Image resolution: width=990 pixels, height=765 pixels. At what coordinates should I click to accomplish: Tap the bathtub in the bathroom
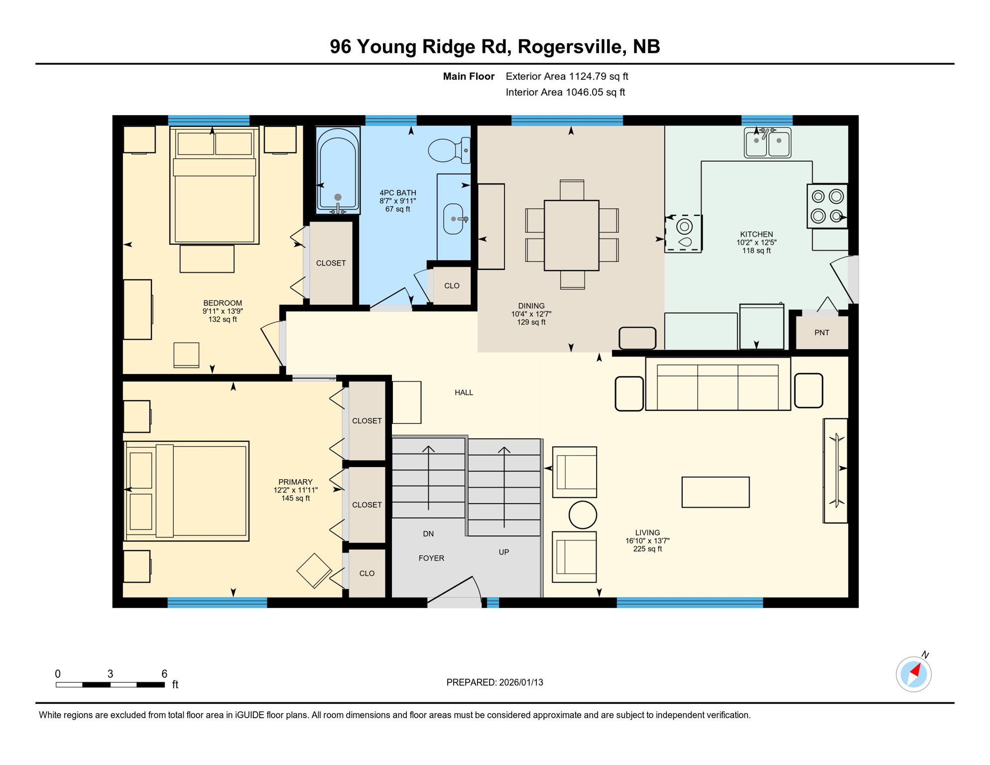point(338,169)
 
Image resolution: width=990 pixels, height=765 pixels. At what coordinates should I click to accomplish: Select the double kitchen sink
point(767,143)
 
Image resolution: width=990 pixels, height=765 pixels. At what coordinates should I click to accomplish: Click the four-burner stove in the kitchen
point(827,206)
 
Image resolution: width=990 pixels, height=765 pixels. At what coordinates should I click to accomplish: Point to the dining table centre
point(571,235)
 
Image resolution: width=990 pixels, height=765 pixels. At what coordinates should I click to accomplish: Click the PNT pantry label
point(822,333)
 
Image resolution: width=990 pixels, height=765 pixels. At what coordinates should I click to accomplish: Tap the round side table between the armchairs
point(583,514)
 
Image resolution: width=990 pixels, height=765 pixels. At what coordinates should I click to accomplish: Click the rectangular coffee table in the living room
point(715,492)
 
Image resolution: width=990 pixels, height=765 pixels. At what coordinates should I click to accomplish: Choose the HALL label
point(464,392)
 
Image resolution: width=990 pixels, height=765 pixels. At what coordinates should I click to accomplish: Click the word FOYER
point(431,558)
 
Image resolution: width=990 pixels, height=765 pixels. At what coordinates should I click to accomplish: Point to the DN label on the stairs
point(428,534)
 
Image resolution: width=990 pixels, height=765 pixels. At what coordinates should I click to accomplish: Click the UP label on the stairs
point(504,552)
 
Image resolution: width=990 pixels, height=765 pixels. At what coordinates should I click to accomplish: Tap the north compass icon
point(914,674)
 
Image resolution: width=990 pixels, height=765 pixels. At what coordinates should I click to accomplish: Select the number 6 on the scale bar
point(164,674)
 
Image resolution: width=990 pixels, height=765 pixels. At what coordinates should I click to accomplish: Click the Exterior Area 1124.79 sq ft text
point(567,76)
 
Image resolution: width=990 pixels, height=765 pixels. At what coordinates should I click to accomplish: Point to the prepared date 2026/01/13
point(521,682)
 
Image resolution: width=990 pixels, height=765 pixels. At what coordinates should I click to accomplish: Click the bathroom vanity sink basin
point(453,219)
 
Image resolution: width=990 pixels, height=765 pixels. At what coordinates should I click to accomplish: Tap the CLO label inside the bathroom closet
point(452,286)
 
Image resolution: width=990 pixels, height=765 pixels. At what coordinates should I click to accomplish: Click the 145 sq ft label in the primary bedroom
point(295,499)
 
